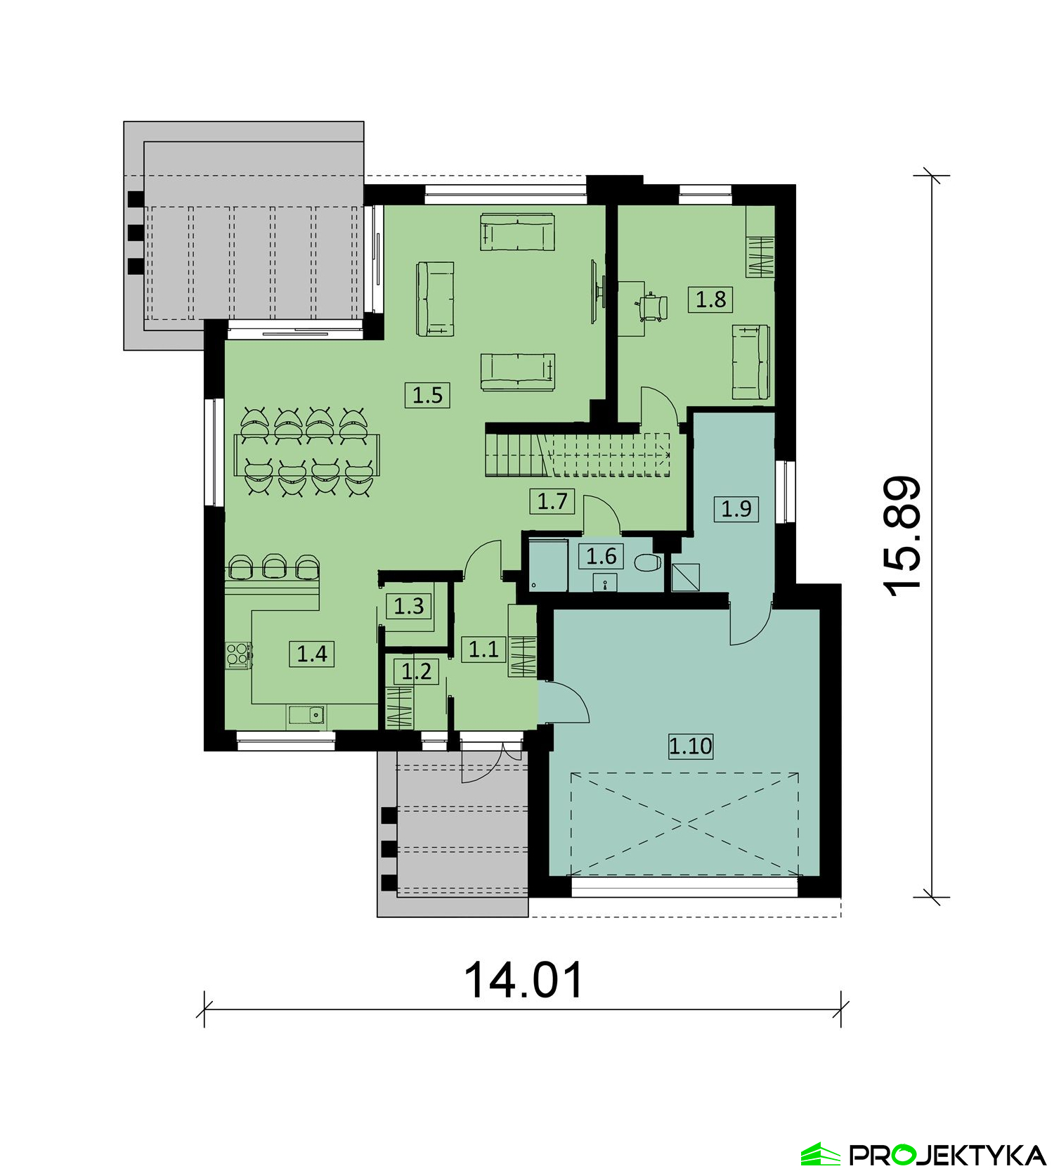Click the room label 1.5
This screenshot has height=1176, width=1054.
[x=427, y=395]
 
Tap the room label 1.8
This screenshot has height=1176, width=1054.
[x=710, y=299]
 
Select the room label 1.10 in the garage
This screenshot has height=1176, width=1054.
[x=691, y=746]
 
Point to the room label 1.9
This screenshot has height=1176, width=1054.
[x=736, y=508]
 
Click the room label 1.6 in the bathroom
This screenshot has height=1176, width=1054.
[x=601, y=557]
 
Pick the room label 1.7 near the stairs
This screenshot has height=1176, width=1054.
[x=552, y=501]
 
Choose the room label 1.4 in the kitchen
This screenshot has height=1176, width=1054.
[x=312, y=654]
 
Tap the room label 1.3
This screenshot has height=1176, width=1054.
[x=409, y=606]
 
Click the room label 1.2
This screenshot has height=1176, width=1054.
[x=416, y=671]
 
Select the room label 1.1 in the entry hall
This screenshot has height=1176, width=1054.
[x=483, y=649]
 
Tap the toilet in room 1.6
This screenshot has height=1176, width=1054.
[x=647, y=563]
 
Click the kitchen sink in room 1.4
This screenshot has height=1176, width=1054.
[x=306, y=716]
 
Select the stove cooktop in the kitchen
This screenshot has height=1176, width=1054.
[x=238, y=654]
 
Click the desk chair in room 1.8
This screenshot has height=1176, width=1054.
[x=653, y=307]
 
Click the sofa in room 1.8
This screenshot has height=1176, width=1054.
[x=750, y=362]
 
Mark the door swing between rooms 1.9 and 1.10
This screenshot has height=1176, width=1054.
[x=750, y=621]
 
